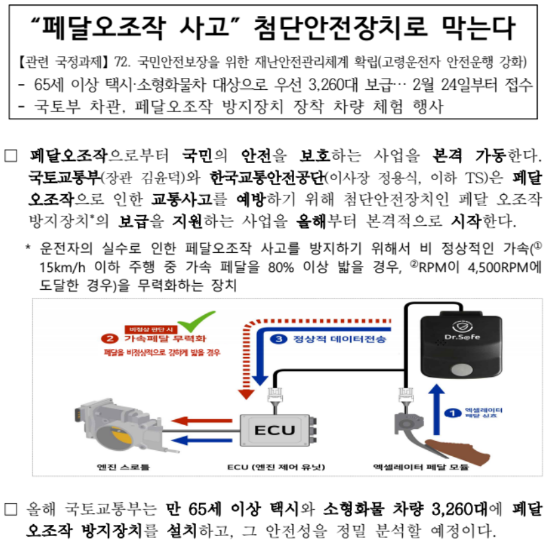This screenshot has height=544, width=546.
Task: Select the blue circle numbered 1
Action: (x=452, y=413)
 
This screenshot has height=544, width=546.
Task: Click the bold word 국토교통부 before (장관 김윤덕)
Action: (x=64, y=178)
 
